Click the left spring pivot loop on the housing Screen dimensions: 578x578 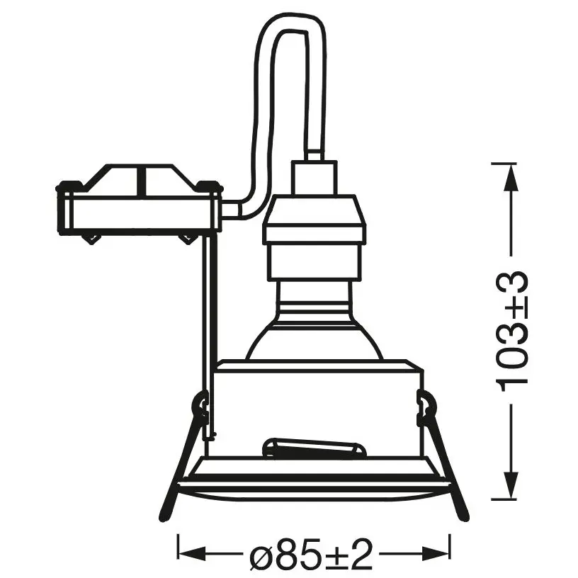point(201,407)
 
